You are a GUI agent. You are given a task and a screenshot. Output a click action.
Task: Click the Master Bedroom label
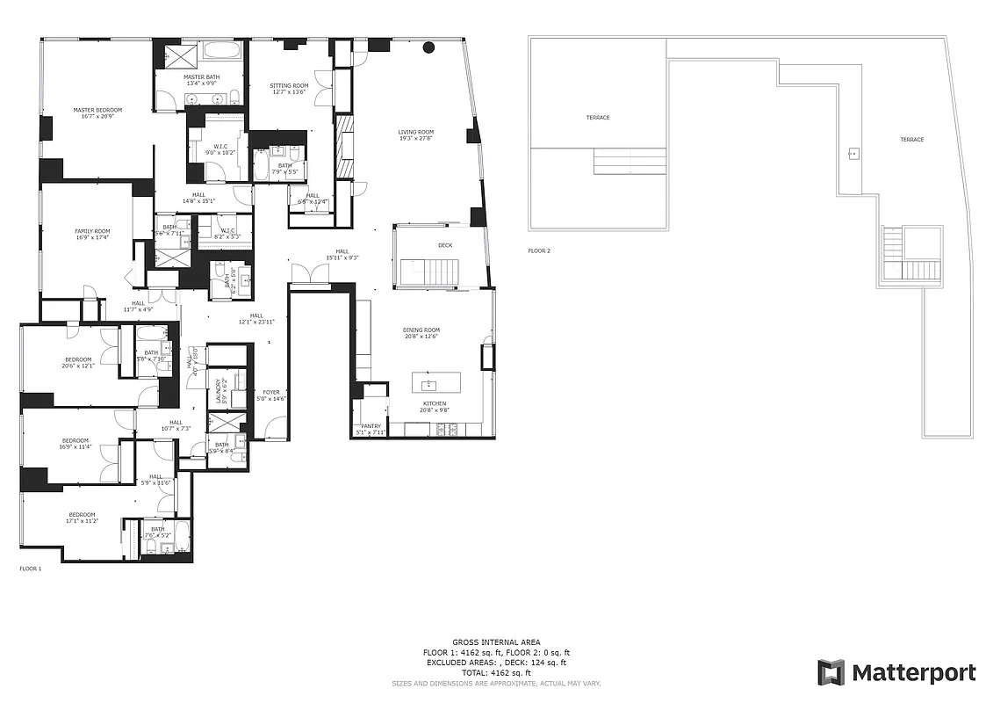[97, 110]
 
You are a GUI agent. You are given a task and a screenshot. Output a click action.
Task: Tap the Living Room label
[416, 132]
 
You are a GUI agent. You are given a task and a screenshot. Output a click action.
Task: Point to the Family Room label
[92, 231]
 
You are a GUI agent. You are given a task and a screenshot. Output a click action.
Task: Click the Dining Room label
[421, 330]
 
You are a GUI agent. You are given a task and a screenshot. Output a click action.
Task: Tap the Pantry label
[370, 426]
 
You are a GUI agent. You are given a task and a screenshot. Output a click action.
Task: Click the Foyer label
[271, 392]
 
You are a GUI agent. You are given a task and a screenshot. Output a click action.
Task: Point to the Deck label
[445, 245]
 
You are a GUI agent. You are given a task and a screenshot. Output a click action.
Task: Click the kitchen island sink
[430, 385]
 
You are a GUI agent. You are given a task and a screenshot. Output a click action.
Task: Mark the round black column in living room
[429, 47]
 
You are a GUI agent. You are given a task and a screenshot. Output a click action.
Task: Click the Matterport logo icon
[831, 672]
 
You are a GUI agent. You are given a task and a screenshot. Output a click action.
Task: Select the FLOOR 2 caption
[539, 251]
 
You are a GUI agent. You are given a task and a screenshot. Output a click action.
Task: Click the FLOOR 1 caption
[31, 569]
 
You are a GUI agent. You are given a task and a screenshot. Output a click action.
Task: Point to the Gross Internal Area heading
[496, 642]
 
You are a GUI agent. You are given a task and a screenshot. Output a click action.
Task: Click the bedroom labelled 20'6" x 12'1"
[77, 359]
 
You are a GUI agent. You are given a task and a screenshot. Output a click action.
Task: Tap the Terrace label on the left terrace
[598, 118]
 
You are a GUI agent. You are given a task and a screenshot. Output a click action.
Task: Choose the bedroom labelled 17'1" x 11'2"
[82, 515]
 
